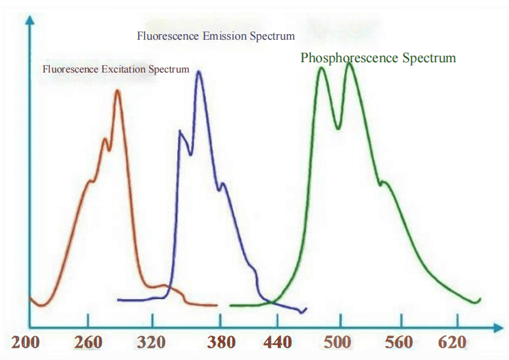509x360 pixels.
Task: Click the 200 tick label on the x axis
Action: click(x=25, y=342)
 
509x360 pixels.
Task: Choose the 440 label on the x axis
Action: click(x=277, y=342)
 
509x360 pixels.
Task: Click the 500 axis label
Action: click(x=338, y=342)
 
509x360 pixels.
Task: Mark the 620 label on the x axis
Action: click(x=452, y=342)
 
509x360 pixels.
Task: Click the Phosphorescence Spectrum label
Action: click(x=378, y=58)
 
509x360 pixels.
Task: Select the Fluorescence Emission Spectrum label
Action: click(x=216, y=36)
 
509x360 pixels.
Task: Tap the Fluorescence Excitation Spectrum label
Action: click(x=116, y=69)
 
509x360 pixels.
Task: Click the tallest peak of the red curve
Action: click(x=117, y=91)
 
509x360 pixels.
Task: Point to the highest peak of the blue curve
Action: click(x=199, y=71)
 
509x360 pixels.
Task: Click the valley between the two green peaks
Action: click(x=337, y=127)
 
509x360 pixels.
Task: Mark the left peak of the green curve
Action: click(x=322, y=68)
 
